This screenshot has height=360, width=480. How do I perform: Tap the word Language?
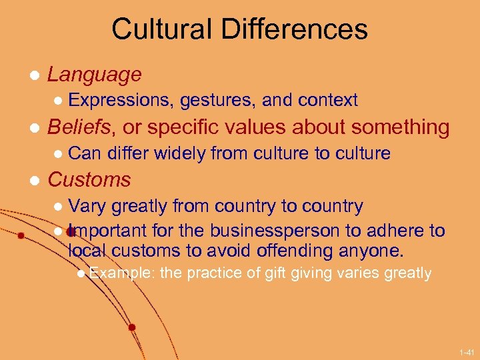95,75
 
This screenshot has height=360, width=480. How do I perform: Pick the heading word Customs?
89,180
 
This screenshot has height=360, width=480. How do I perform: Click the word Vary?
87,206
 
